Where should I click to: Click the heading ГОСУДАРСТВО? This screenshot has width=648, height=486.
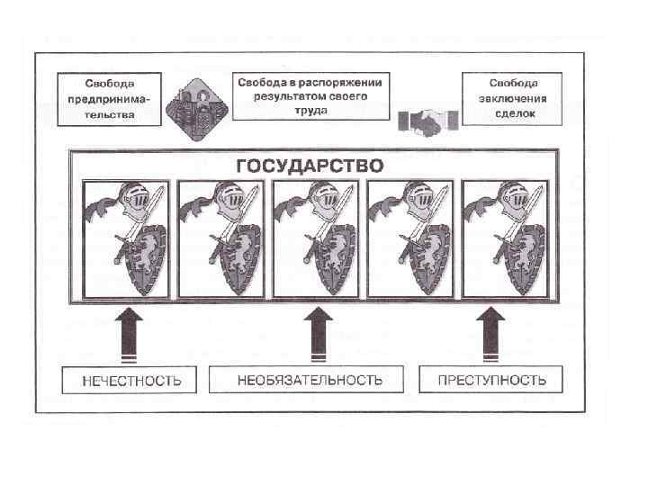[309, 166]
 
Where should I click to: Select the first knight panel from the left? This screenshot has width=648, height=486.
[126, 238]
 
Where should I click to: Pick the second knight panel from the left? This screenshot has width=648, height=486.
[221, 238]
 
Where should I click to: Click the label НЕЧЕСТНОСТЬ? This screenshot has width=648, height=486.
[131, 380]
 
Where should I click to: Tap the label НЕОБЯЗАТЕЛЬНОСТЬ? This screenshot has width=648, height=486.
[310, 380]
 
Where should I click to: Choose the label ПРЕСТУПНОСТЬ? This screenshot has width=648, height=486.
[491, 379]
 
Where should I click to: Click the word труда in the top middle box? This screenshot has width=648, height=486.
[310, 110]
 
